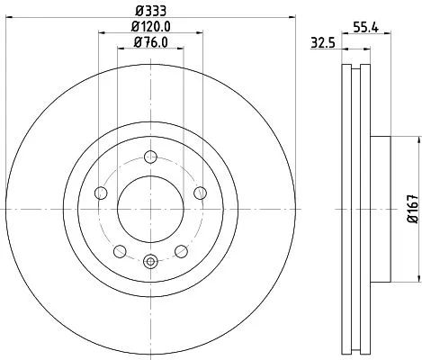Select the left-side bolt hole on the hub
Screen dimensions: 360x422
(100, 193)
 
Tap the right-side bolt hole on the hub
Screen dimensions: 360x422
(201, 193)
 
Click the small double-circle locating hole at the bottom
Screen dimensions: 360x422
(150, 262)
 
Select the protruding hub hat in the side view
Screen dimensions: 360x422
(380, 209)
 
